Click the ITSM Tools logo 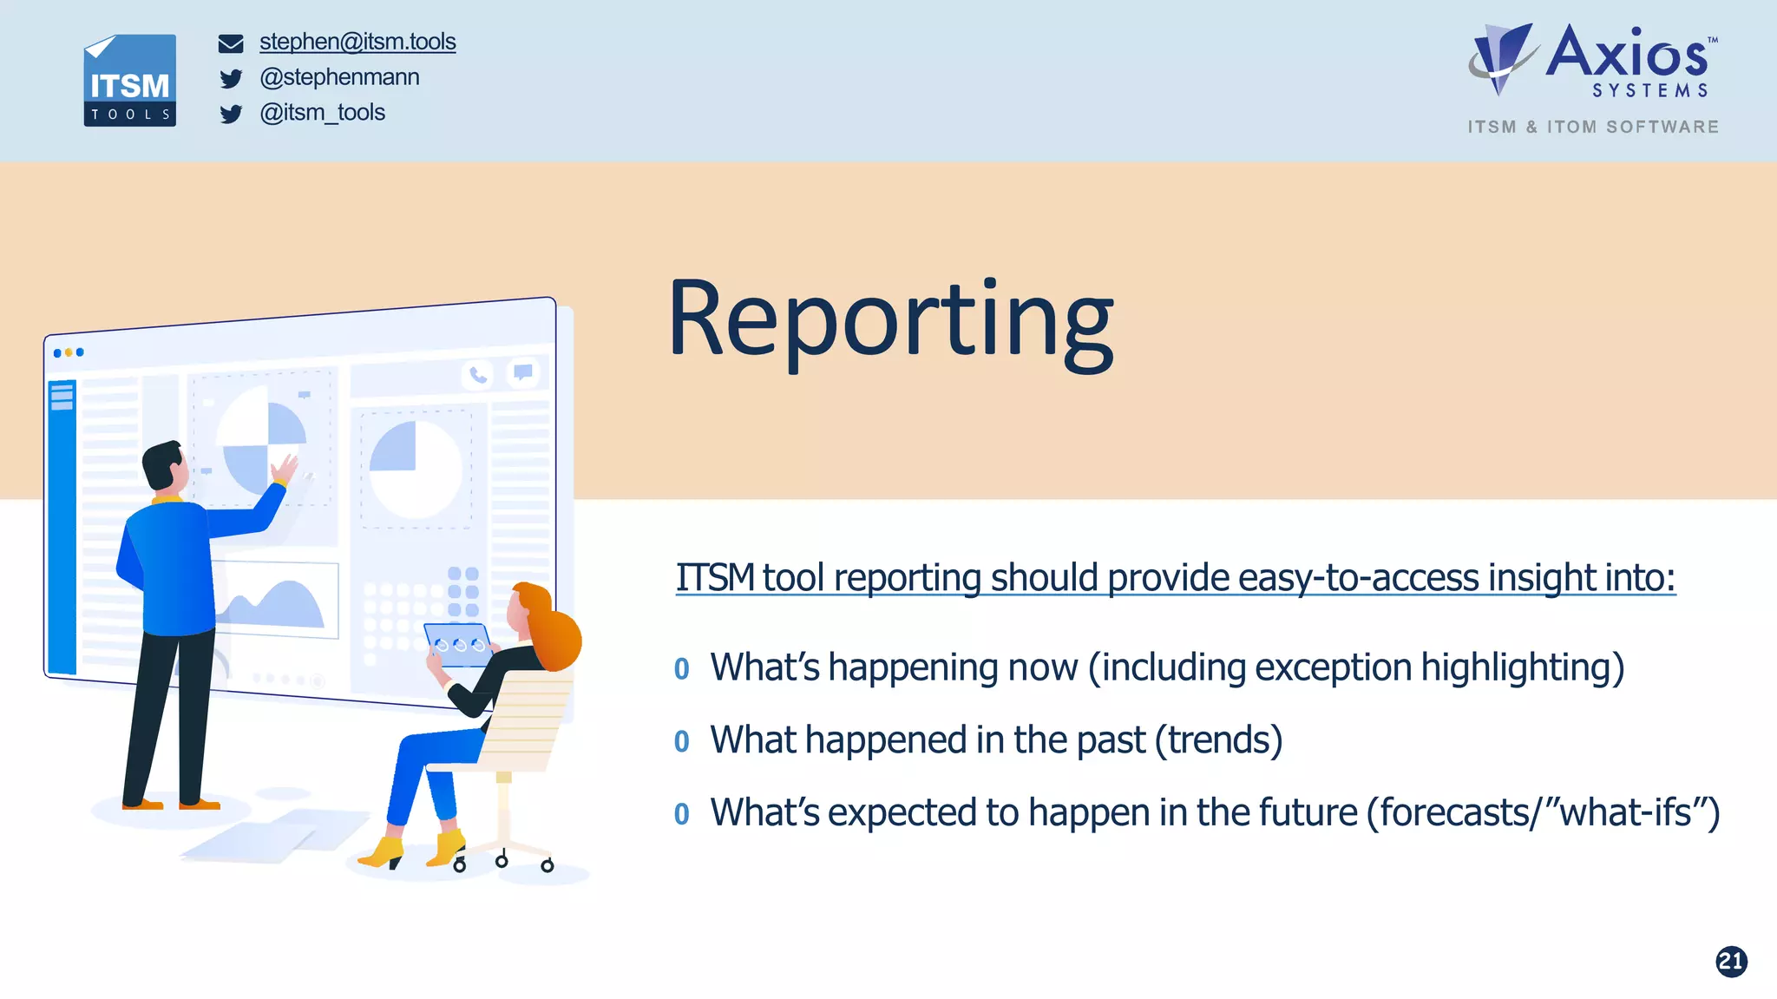click(x=129, y=80)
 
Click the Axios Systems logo click(x=1593, y=61)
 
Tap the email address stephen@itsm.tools click(x=357, y=42)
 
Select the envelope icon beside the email click(x=231, y=43)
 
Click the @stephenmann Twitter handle click(x=339, y=77)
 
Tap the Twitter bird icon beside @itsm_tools click(x=231, y=115)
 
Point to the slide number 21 click(x=1731, y=961)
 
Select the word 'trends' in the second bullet click(x=1218, y=740)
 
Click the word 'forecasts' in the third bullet click(x=1455, y=813)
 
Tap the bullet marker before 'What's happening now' click(x=682, y=669)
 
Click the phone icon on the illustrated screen click(x=478, y=375)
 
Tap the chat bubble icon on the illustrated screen click(x=523, y=372)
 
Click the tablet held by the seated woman click(x=458, y=645)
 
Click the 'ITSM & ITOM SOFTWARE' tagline click(x=1593, y=127)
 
